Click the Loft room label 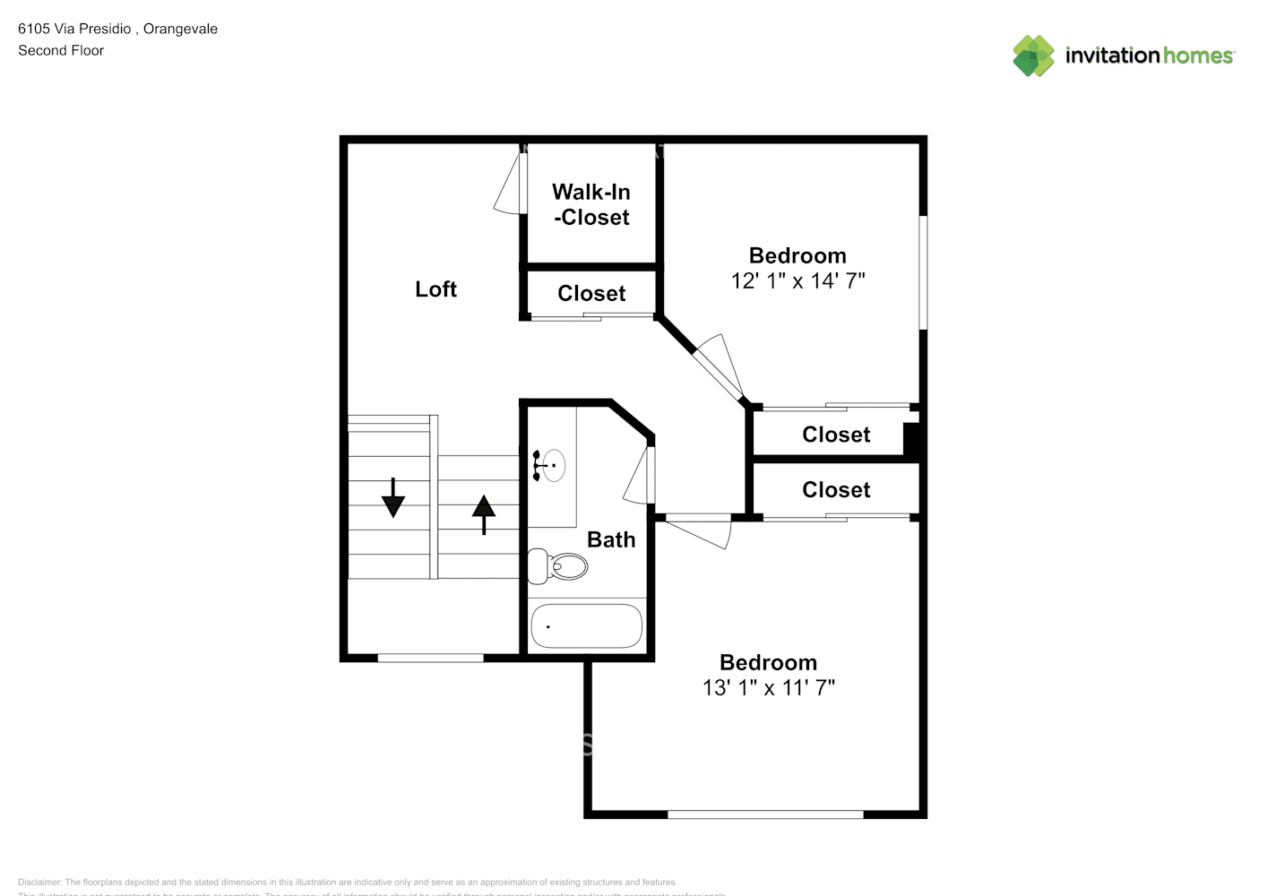tap(435, 289)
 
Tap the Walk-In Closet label tap(591, 204)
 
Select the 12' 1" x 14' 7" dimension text tap(797, 281)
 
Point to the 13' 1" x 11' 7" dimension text tap(768, 688)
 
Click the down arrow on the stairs tap(392, 498)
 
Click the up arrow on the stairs tap(484, 514)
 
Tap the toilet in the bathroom tap(558, 566)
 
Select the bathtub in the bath tap(586, 626)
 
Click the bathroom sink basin tap(553, 465)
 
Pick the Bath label tap(611, 539)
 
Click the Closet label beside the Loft tap(591, 294)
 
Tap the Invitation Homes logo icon tap(1033, 56)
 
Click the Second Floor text tap(61, 51)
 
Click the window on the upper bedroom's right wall tap(923, 272)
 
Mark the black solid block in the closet tap(912, 440)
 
